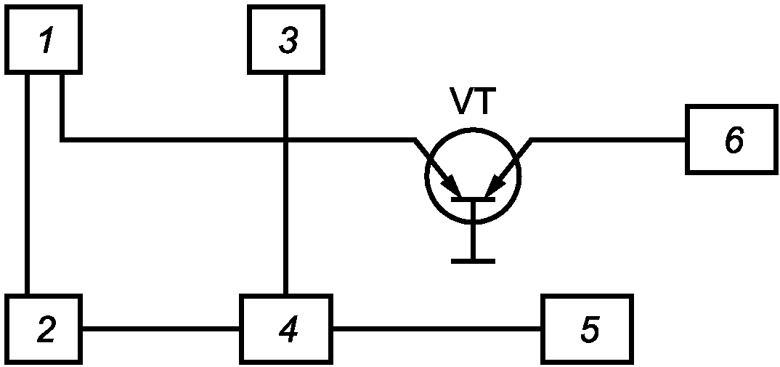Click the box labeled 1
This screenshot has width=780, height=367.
tap(44, 39)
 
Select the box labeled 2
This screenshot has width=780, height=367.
tap(44, 328)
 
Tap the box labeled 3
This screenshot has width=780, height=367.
tap(286, 39)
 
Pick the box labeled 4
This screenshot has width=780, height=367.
tap(286, 328)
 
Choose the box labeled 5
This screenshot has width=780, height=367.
tap(588, 328)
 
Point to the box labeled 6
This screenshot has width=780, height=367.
tap(731, 140)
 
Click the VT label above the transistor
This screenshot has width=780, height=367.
tap(473, 100)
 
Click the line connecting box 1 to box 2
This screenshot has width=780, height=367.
tap(28, 185)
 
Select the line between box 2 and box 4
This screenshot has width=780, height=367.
tap(161, 328)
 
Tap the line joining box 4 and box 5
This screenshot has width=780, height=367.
tap(436, 328)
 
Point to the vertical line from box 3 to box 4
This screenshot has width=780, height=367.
tap(286, 185)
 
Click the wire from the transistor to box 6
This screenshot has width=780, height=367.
tap(608, 140)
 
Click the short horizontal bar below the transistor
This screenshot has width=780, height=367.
tap(473, 261)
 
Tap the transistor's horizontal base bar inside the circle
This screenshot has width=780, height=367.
tap(473, 199)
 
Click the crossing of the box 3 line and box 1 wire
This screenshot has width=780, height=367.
tap(286, 140)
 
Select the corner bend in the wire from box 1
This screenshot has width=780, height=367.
tap(62, 140)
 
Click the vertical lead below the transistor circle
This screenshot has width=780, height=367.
tap(473, 241)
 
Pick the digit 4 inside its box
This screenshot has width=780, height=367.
tap(289, 328)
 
